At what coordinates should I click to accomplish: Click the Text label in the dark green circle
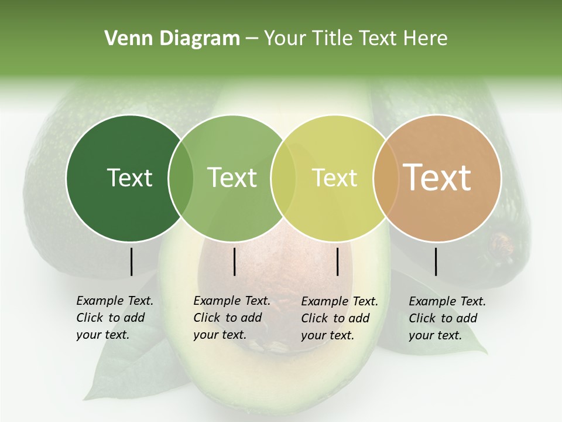(x=129, y=178)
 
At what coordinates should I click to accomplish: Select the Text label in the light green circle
(x=232, y=178)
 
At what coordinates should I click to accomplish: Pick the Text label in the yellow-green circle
(x=334, y=178)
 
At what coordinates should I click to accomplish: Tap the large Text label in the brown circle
(x=437, y=177)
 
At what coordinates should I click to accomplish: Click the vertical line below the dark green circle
(x=131, y=261)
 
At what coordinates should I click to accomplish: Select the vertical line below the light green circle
(x=234, y=261)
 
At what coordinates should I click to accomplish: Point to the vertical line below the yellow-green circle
(x=337, y=261)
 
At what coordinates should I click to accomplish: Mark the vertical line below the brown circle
(x=436, y=261)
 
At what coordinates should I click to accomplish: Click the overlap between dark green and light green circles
(x=181, y=178)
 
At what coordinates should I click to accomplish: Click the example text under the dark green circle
(x=114, y=318)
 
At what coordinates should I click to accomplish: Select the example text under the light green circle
(x=231, y=318)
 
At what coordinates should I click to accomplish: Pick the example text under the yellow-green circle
(x=339, y=318)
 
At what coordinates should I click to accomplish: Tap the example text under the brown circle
(x=447, y=318)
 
